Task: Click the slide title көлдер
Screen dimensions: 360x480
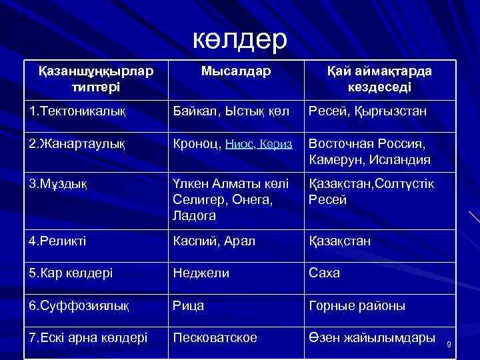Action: click(x=240, y=39)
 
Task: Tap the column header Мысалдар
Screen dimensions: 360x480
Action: click(x=236, y=71)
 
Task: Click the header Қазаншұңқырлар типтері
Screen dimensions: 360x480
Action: click(x=95, y=79)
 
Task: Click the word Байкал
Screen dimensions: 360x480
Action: click(x=191, y=109)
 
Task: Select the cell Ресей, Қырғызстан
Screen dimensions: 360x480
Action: click(x=367, y=109)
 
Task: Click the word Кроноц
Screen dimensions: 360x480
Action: click(x=196, y=143)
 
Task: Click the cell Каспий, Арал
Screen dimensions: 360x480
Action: click(x=213, y=241)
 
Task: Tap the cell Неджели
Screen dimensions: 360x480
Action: click(x=201, y=273)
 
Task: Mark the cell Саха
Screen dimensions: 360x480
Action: click(x=325, y=273)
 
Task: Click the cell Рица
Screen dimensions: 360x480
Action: click(x=189, y=305)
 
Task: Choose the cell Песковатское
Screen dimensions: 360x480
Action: click(x=215, y=338)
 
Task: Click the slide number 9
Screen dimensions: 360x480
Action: click(x=449, y=344)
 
